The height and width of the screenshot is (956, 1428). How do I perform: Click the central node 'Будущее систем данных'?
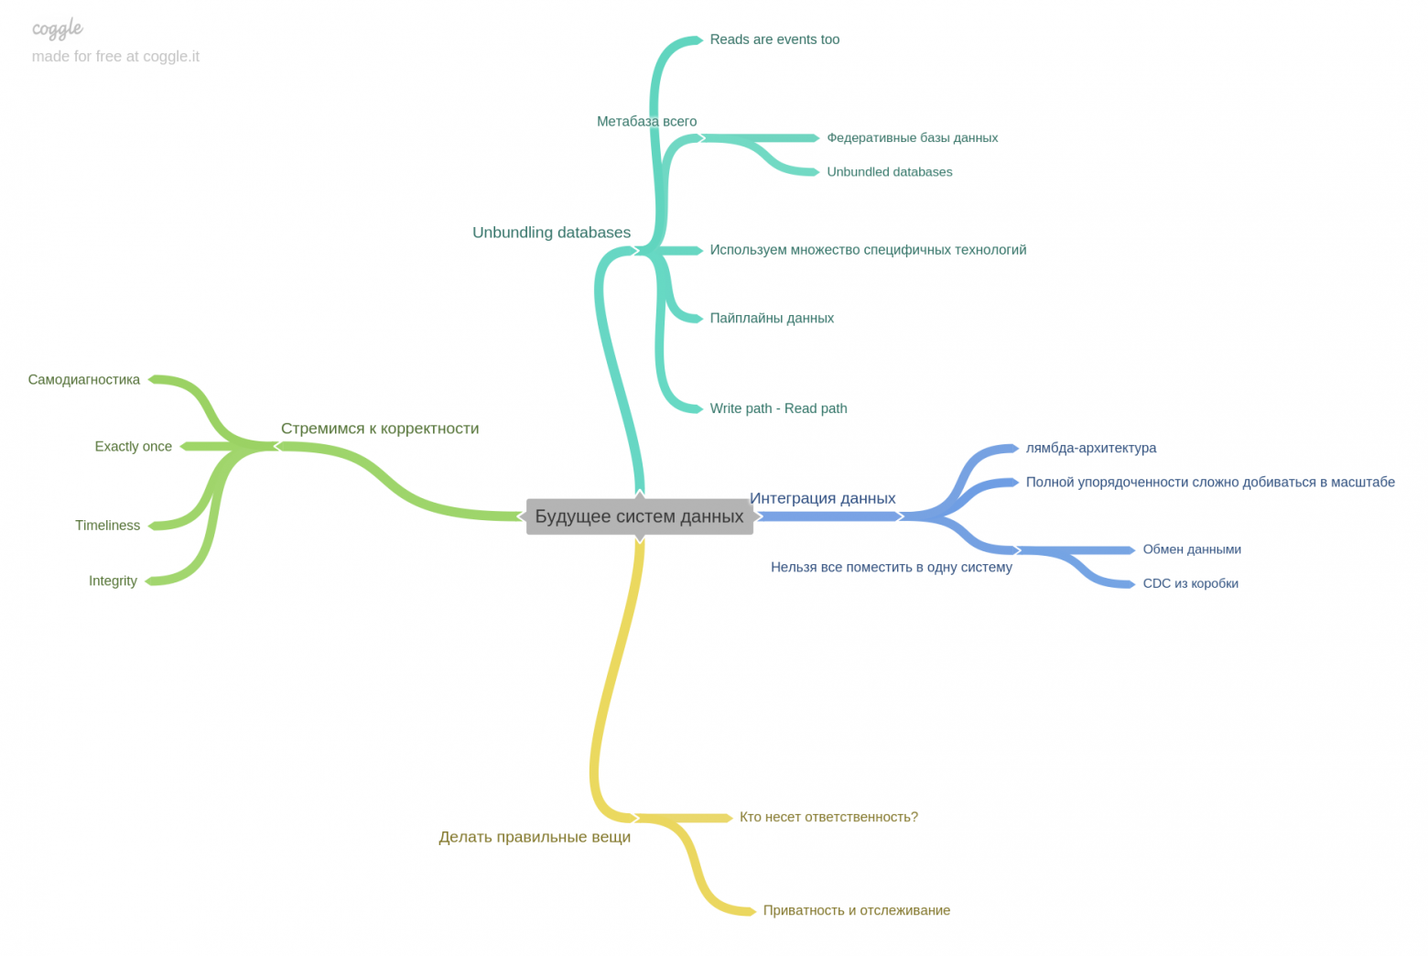click(x=639, y=516)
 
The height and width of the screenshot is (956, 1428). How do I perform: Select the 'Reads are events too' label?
click(x=774, y=39)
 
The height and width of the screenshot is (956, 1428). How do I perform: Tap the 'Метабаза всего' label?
click(x=646, y=121)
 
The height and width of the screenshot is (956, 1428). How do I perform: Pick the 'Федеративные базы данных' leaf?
click(x=912, y=137)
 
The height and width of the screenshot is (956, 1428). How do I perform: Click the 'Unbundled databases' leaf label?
click(x=889, y=171)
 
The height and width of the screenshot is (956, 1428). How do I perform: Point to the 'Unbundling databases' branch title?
click(x=551, y=233)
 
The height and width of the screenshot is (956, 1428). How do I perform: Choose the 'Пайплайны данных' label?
click(x=772, y=318)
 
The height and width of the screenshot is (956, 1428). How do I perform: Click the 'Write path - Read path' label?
click(x=778, y=408)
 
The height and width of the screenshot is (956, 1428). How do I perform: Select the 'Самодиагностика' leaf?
click(x=84, y=379)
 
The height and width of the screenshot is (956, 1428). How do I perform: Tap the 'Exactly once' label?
click(x=134, y=446)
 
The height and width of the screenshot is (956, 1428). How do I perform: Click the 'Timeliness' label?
click(x=108, y=525)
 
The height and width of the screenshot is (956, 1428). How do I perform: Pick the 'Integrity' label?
click(x=113, y=581)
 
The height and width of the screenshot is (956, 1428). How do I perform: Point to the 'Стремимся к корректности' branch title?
click(x=380, y=429)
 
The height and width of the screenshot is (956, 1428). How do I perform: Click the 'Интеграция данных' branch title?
click(x=822, y=498)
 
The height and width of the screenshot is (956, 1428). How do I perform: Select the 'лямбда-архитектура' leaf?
click(x=1090, y=448)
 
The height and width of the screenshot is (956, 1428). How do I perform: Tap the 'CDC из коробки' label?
click(x=1190, y=583)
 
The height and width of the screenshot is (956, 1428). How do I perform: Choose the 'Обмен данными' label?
click(x=1192, y=549)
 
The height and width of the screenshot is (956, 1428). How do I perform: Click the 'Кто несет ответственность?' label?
click(x=828, y=817)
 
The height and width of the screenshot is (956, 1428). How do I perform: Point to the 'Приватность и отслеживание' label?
click(x=857, y=910)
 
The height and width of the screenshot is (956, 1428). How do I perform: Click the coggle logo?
click(x=58, y=29)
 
